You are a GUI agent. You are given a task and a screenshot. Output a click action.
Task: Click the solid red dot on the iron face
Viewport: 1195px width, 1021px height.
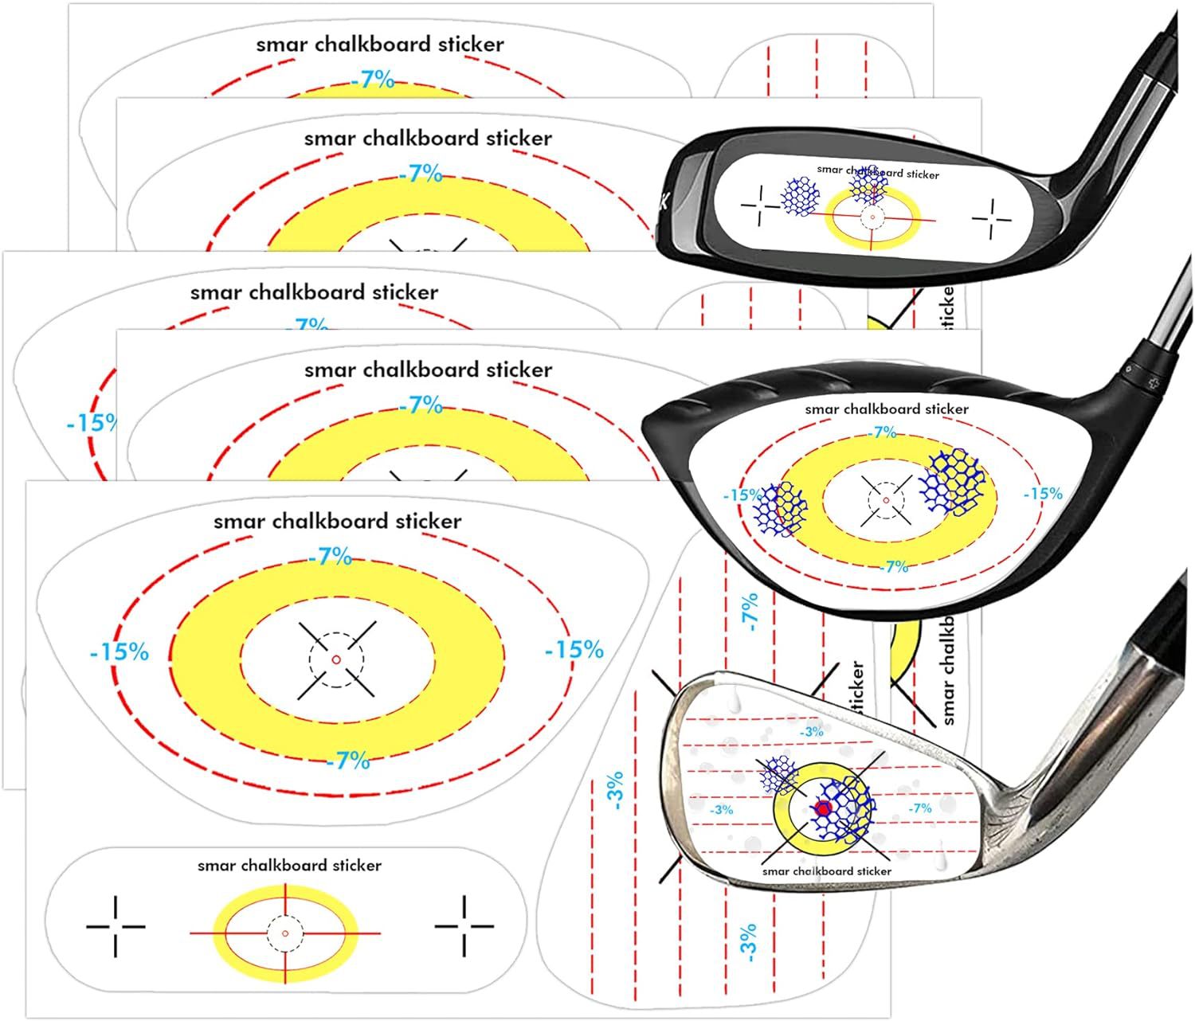tap(823, 808)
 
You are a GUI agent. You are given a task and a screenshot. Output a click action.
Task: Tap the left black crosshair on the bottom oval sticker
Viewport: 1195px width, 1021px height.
tap(116, 926)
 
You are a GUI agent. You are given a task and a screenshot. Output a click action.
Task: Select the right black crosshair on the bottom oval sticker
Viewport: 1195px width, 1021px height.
tap(464, 926)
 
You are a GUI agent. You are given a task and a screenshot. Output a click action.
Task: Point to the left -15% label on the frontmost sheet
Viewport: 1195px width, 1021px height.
tap(119, 652)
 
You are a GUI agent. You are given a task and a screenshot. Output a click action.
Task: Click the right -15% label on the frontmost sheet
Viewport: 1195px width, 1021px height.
tap(574, 650)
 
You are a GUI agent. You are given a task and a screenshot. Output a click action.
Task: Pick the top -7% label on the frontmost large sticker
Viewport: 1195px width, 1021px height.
tap(330, 557)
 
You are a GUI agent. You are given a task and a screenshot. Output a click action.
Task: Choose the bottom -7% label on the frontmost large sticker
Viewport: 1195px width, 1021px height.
tap(348, 761)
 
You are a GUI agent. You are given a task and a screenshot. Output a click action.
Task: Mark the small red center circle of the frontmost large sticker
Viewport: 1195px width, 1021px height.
tap(335, 659)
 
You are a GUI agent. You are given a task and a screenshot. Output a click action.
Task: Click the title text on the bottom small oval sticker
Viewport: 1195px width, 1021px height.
tap(289, 866)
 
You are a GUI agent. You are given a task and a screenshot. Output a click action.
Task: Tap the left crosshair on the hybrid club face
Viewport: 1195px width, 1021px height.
tap(761, 206)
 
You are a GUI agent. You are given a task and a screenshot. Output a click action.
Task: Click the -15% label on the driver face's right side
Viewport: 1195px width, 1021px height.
tap(1043, 494)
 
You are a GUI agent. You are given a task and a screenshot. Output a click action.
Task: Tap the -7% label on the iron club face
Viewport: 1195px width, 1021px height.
tap(920, 808)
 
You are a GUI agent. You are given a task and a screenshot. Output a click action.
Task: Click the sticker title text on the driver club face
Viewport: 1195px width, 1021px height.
tap(887, 409)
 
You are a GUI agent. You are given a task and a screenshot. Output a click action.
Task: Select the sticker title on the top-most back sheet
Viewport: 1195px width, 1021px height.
tap(379, 45)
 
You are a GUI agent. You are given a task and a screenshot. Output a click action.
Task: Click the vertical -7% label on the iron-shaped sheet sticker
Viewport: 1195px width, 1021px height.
tap(750, 612)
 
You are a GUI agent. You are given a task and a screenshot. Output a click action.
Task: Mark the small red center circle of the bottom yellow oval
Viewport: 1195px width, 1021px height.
tap(285, 933)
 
